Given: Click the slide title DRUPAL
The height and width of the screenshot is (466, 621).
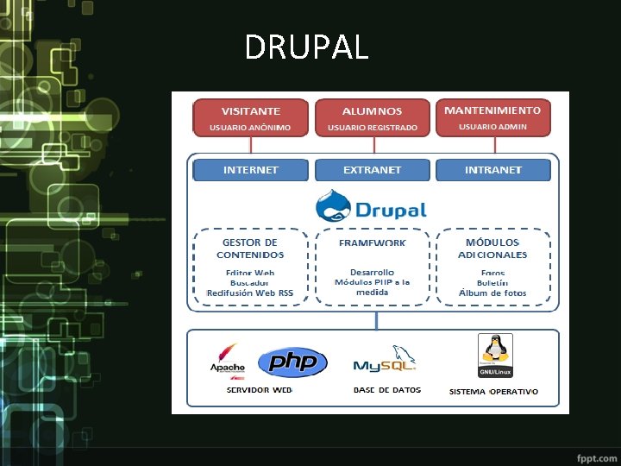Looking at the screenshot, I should pyautogui.click(x=306, y=47).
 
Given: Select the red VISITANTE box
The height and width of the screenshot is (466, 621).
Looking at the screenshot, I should pyautogui.click(x=250, y=118).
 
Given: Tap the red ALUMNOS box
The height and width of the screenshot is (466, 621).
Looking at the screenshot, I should pyautogui.click(x=372, y=118).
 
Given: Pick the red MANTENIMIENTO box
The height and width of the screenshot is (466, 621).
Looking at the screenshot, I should pyautogui.click(x=492, y=117).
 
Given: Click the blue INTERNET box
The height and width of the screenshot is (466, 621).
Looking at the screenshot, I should pyautogui.click(x=250, y=170).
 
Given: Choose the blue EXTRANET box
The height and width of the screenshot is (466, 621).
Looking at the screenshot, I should pyautogui.click(x=372, y=170).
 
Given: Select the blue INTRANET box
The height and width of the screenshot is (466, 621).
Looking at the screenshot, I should pyautogui.click(x=492, y=170).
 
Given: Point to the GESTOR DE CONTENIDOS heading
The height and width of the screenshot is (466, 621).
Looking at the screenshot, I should pyautogui.click(x=250, y=249).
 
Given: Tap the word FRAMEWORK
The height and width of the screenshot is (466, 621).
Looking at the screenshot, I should pyautogui.click(x=372, y=243).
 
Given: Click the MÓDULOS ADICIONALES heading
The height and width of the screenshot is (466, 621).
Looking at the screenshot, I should pyautogui.click(x=492, y=249).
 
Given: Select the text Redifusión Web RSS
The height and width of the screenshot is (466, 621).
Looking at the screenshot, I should pyautogui.click(x=250, y=293).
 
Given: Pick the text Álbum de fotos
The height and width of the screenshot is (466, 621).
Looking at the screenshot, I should pyautogui.click(x=492, y=293).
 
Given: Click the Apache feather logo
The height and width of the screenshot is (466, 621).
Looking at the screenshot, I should pyautogui.click(x=228, y=358).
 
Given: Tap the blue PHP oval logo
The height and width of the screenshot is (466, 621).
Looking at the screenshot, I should pyautogui.click(x=292, y=363).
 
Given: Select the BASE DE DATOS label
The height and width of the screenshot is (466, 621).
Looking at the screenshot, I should pyautogui.click(x=387, y=390).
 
